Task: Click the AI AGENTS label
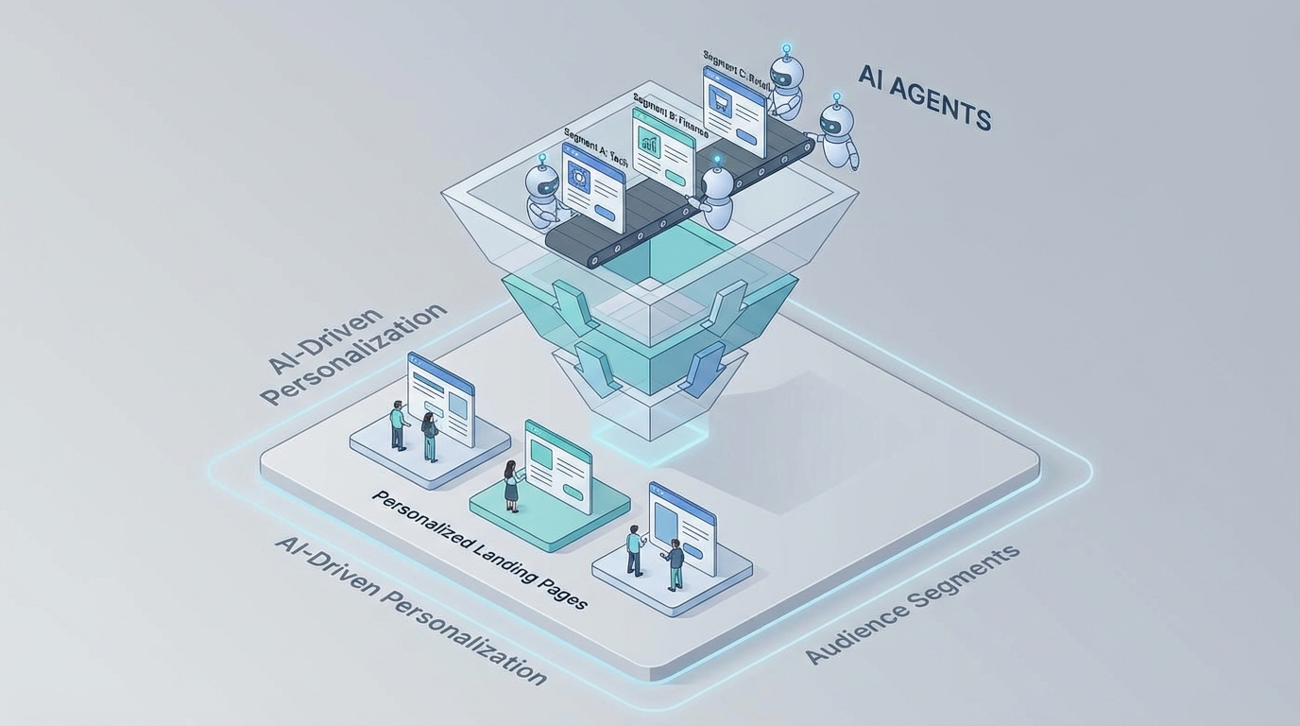(x=925, y=97)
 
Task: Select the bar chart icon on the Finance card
(x=650, y=144)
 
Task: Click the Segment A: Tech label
(x=595, y=147)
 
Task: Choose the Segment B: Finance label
(x=669, y=113)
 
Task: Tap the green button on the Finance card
(x=676, y=178)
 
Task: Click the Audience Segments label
(x=913, y=604)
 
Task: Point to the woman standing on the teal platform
(x=511, y=485)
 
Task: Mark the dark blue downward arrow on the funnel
(x=700, y=369)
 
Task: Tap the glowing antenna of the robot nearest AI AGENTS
(x=835, y=97)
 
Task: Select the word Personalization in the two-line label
(x=353, y=354)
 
